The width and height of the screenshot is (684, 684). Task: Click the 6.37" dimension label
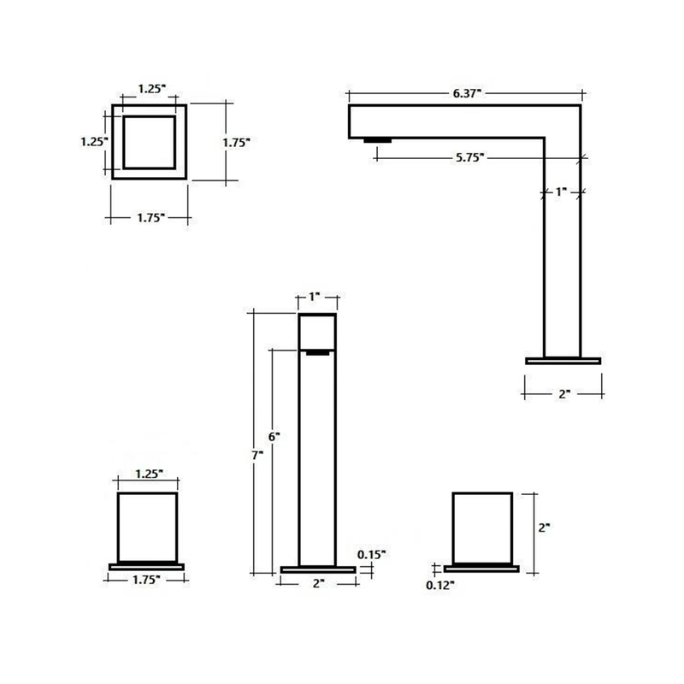467,93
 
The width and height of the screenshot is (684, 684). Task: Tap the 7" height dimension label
257,456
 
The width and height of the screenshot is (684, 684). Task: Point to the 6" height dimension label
274,437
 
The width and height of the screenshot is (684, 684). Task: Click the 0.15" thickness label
372,554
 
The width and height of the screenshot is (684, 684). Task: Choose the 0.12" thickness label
440,586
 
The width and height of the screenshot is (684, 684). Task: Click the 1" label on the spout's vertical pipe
561,192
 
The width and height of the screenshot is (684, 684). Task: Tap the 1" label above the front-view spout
315,297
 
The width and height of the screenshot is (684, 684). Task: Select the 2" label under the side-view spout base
564,394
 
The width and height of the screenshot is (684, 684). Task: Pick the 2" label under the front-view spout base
319,583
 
